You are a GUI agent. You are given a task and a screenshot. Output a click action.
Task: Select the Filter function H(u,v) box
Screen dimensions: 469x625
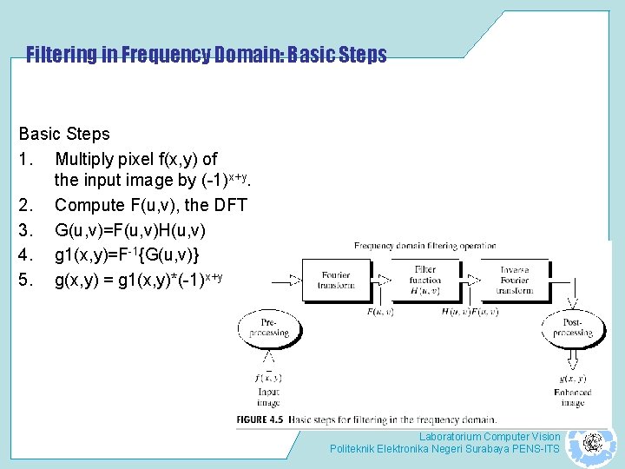click(x=425, y=280)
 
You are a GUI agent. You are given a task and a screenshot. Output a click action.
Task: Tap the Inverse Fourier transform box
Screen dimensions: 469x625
click(x=514, y=280)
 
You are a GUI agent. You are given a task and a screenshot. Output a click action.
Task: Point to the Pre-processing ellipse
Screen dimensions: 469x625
click(x=269, y=327)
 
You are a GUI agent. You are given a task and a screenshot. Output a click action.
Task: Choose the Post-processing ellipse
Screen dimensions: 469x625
click(x=572, y=327)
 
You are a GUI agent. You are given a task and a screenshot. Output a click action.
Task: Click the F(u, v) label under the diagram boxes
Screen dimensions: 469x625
click(x=378, y=311)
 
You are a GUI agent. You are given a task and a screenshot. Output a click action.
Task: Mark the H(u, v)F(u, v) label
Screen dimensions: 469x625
click(x=469, y=311)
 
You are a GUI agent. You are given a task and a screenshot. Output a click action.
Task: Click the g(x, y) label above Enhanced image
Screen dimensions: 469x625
click(x=572, y=378)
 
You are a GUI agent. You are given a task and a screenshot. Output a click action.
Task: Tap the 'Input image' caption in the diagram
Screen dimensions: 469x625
click(x=269, y=397)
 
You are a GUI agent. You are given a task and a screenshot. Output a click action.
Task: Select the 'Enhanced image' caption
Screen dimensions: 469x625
click(x=572, y=397)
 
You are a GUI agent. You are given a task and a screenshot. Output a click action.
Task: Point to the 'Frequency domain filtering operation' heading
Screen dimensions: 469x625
click(x=424, y=246)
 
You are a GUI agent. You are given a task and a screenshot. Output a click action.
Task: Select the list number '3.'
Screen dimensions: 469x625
click(x=27, y=229)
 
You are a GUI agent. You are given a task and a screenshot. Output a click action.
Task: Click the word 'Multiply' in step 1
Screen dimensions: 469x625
click(x=84, y=159)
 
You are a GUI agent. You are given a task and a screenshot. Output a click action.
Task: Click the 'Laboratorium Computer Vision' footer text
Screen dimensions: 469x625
click(x=490, y=436)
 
